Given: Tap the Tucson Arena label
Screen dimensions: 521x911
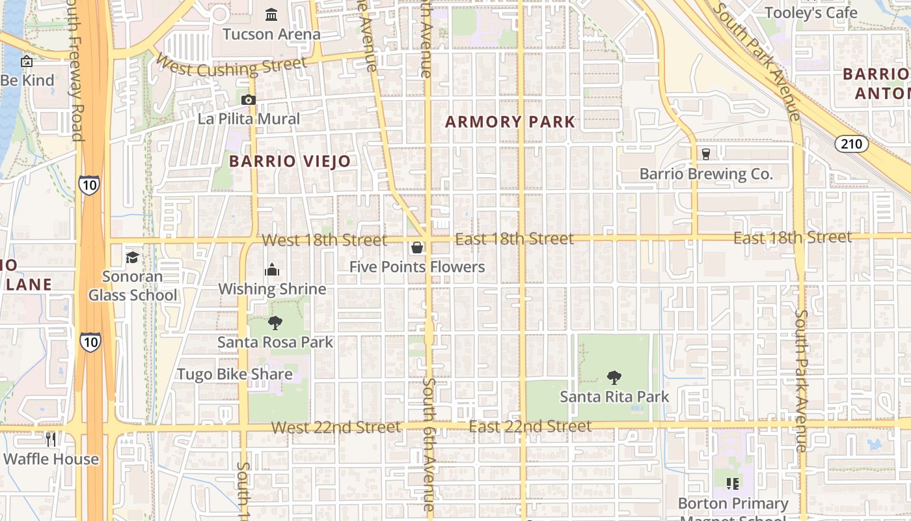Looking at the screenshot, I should (x=271, y=34).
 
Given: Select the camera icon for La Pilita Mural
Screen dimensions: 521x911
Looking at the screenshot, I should (x=248, y=100).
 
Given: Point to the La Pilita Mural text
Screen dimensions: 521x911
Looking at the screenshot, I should (x=249, y=119).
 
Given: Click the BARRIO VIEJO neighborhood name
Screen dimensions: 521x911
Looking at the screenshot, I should (x=290, y=162).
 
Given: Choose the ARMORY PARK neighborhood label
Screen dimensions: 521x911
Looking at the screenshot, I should (x=510, y=122).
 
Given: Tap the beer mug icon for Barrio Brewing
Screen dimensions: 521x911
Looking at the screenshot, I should (x=705, y=154).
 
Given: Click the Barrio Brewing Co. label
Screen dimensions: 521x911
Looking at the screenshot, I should (x=706, y=174).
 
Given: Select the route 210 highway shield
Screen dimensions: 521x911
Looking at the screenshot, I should (x=851, y=143).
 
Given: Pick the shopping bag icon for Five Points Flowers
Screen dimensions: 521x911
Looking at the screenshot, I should (x=417, y=247).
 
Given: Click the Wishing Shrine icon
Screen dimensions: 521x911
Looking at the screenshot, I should (x=272, y=270).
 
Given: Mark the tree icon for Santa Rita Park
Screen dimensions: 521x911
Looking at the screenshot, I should (x=614, y=377).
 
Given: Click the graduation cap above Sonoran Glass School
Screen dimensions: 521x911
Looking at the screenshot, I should (x=133, y=257).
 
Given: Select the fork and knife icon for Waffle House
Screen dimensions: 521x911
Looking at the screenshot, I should (x=51, y=440).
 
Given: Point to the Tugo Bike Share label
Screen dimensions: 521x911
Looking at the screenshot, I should (x=235, y=374).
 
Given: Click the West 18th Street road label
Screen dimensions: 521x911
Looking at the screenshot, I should (x=324, y=240).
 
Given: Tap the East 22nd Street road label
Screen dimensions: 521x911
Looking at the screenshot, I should (x=530, y=427).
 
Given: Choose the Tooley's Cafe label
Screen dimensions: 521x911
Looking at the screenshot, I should (x=811, y=13).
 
